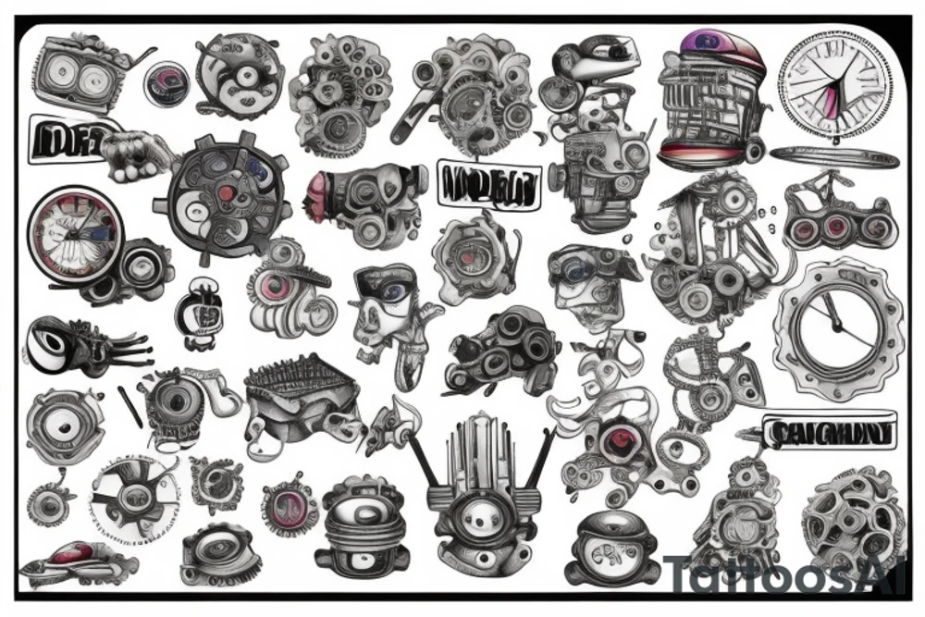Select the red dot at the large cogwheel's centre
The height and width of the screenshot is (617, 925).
click(x=223, y=193)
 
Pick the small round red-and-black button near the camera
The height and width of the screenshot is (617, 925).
click(x=166, y=80)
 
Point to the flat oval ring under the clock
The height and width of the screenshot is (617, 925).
click(x=833, y=157)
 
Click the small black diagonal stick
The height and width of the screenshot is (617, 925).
click(x=130, y=406)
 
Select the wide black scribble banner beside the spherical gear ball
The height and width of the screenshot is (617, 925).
click(x=826, y=433)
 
